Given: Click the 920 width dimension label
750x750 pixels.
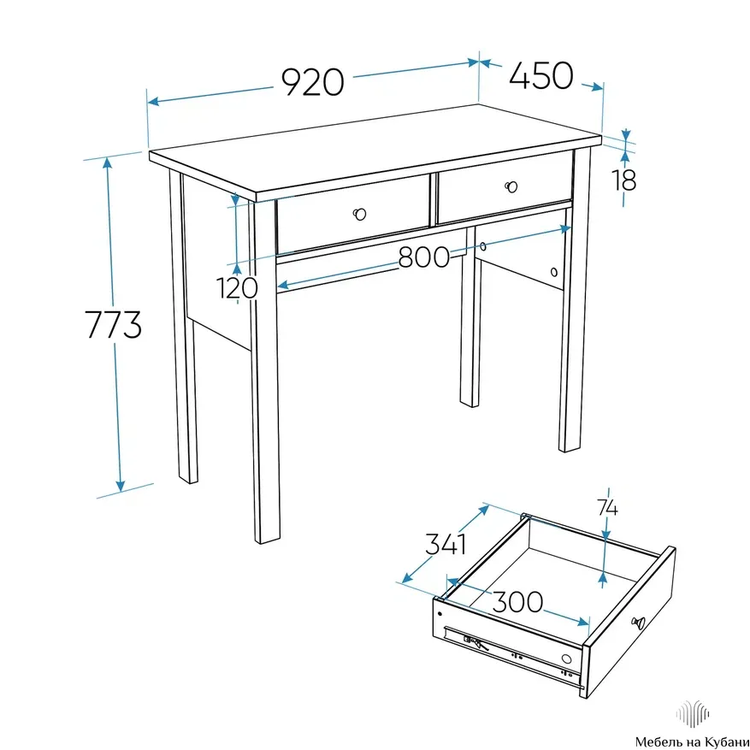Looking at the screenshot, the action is (312, 82).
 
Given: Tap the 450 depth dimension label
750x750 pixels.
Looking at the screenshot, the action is (541, 75).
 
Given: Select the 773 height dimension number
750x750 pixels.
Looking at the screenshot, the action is (114, 324).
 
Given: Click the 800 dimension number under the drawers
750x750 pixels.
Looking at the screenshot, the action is (424, 257).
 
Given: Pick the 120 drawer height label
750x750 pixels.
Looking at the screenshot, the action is (237, 288).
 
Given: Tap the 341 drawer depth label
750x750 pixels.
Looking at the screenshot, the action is (446, 544).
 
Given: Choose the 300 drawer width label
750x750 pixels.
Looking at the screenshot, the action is (517, 602).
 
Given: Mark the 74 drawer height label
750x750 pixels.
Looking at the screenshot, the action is (607, 507).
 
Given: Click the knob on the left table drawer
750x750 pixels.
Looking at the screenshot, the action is (360, 214).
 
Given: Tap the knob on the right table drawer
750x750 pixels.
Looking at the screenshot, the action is (511, 186).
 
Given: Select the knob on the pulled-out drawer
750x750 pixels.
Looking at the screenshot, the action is (639, 623).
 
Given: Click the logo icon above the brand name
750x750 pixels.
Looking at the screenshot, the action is (692, 713).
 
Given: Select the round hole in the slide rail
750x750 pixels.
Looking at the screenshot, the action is (566, 659).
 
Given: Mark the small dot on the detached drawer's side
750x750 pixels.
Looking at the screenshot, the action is (440, 614).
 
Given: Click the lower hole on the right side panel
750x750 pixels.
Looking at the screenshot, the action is (554, 272).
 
